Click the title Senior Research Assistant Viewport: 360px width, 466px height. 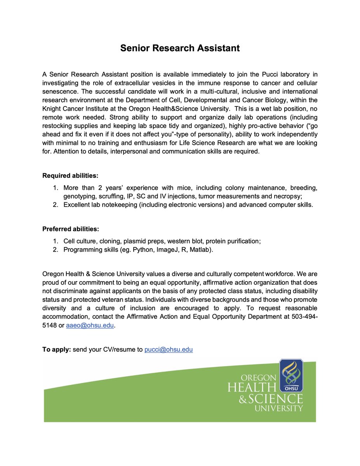[x=180, y=48]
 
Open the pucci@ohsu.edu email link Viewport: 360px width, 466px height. [x=169, y=349]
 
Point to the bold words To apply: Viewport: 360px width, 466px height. [x=57, y=349]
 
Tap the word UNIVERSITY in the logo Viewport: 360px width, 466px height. [x=278, y=408]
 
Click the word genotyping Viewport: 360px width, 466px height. [x=80, y=196]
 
